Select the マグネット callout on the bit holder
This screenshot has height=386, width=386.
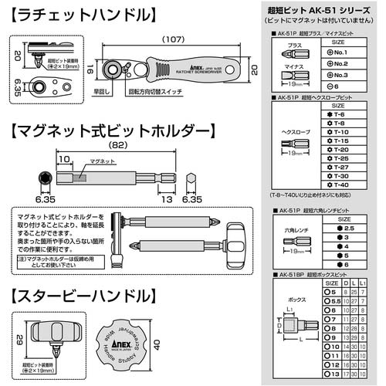click(x=101, y=160)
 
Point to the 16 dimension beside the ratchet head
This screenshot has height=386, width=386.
click(x=92, y=69)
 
